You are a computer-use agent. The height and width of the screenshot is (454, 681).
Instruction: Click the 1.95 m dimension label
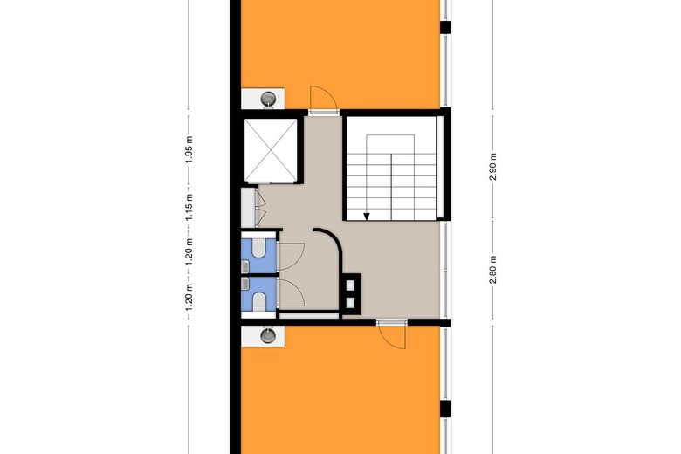pos(189,150)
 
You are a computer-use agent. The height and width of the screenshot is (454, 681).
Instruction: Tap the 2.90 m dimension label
pos(493,166)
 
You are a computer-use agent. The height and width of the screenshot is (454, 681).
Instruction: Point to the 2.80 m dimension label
pos(493,265)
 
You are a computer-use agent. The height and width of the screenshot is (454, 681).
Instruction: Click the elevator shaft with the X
pos(272,148)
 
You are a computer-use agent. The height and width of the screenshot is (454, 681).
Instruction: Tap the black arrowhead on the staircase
pos(368,216)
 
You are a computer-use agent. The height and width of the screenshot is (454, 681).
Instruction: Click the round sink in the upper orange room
pos(271,97)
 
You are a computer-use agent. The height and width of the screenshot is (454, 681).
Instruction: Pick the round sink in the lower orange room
pos(268,334)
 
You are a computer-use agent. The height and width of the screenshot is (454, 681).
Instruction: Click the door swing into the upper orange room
pos(321,97)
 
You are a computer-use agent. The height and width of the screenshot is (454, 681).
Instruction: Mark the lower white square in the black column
pos(352,302)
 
